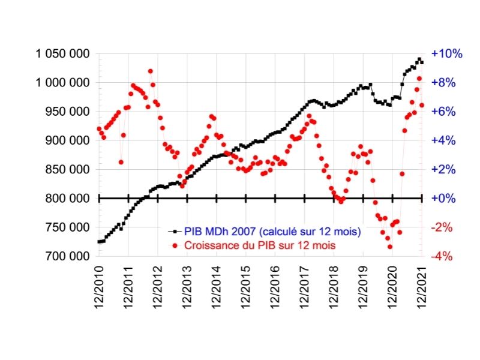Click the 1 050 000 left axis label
62,54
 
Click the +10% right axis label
448,54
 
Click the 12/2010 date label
99,288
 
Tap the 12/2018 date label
334,288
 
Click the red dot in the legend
174,245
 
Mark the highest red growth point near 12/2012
150,71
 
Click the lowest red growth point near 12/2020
389,247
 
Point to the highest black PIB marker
419,59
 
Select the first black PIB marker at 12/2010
99,242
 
